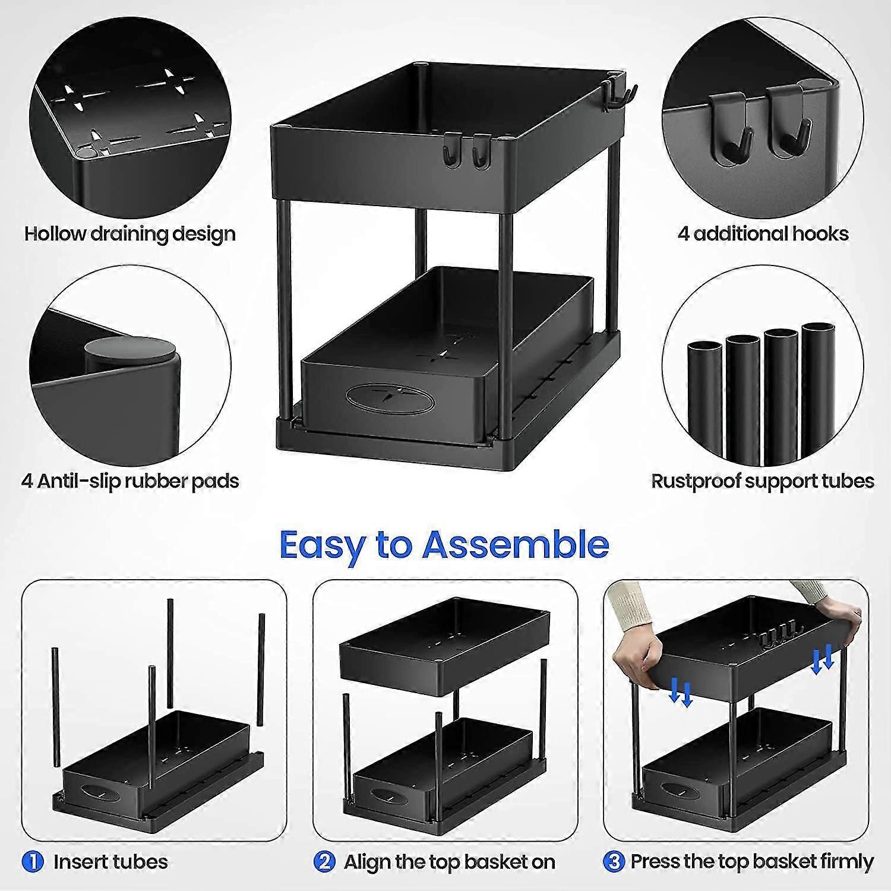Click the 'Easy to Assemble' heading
click(444, 545)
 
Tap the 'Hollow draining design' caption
click(130, 233)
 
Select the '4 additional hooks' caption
click(763, 233)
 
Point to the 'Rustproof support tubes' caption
click(763, 481)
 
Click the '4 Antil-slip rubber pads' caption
click(130, 481)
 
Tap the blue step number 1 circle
click(33, 861)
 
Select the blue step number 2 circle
click(324, 861)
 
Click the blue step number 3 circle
click(614, 861)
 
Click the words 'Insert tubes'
click(110, 861)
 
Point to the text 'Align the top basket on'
click(449, 861)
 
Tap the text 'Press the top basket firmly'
click(751, 861)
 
